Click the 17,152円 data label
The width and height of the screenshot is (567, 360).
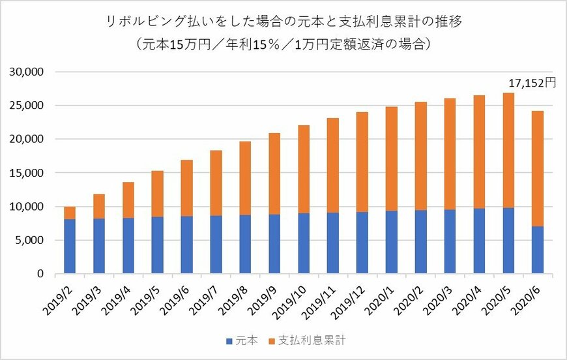pyautogui.click(x=532, y=83)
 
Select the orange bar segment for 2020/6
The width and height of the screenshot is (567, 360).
pyautogui.click(x=538, y=168)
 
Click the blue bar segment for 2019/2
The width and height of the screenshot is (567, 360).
pyautogui.click(x=70, y=247)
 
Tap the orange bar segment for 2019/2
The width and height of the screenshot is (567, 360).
pyautogui.click(x=70, y=213)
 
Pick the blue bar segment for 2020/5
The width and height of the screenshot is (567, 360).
pyautogui.click(x=508, y=241)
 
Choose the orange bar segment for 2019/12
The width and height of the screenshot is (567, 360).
pyautogui.click(x=362, y=162)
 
